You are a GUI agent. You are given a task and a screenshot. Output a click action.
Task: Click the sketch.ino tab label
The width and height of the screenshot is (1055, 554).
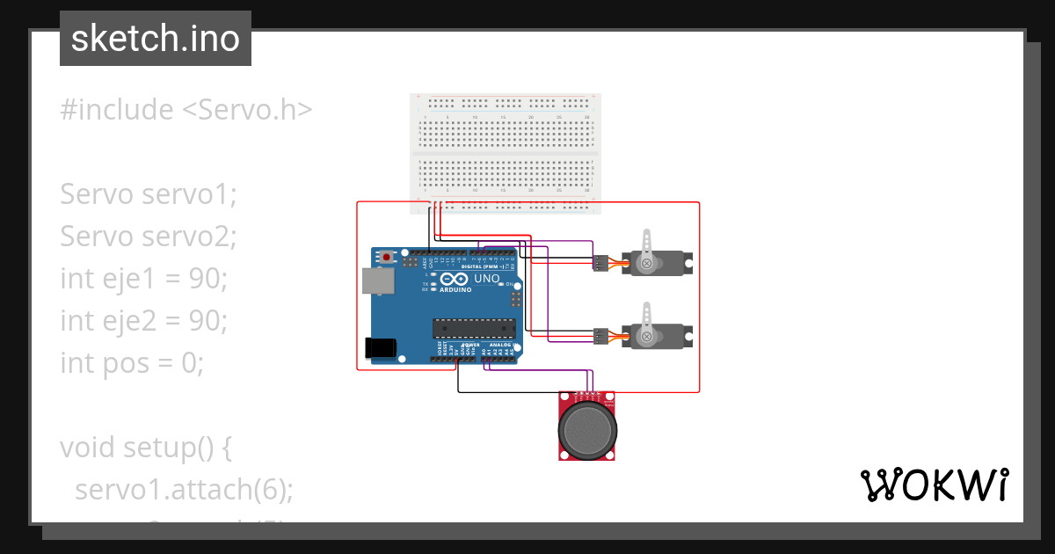tap(155, 39)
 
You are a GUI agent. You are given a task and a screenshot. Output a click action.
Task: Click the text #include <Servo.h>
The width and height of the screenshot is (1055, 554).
tap(186, 110)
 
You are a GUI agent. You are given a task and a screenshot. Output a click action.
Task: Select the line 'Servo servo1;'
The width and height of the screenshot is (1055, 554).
tap(149, 194)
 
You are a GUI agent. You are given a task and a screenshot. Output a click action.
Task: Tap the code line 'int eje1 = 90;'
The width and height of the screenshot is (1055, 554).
tap(143, 279)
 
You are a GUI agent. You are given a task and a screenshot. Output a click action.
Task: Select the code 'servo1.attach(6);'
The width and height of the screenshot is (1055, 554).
tap(184, 489)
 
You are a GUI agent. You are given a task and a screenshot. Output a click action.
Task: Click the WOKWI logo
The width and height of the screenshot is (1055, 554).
tap(934, 485)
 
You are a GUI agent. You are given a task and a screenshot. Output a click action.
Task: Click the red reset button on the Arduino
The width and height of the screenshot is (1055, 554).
tap(387, 258)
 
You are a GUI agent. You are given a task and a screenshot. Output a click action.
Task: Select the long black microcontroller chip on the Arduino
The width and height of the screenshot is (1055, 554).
tap(473, 329)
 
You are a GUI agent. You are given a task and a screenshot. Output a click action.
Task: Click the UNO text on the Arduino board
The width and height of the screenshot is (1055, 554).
tap(487, 280)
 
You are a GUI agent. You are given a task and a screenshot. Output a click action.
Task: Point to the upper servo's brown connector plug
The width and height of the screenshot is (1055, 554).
tap(601, 262)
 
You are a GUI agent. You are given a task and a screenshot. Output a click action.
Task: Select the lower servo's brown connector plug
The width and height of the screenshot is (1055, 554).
tap(601, 335)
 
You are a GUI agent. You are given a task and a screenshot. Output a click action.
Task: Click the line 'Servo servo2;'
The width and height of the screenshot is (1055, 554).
tap(149, 237)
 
